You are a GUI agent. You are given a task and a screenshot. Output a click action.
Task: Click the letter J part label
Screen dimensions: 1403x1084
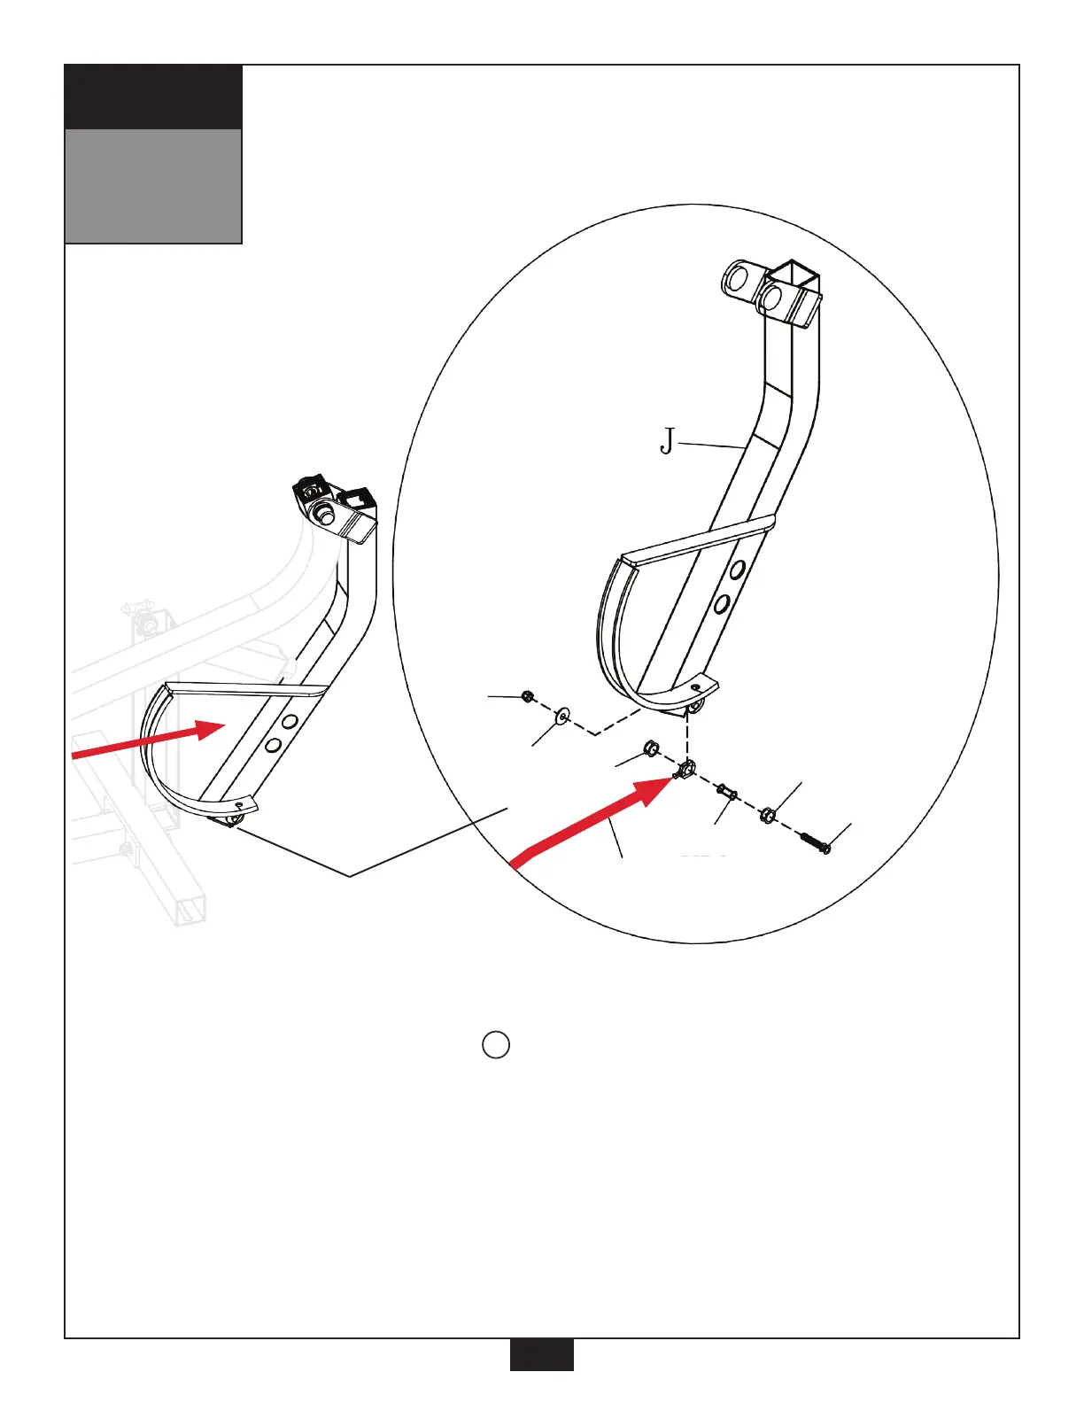668,440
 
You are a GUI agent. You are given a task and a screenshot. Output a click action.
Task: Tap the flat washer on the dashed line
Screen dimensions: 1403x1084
561,715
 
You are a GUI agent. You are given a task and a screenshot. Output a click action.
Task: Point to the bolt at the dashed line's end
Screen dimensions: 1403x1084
815,841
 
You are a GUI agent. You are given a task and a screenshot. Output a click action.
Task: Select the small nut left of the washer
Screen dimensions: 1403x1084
528,697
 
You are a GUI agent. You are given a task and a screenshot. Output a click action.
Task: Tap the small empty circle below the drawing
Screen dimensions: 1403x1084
496,1045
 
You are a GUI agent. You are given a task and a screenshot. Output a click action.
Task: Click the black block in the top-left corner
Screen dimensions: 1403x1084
153,97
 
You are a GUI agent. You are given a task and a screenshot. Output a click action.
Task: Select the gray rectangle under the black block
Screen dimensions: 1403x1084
153,186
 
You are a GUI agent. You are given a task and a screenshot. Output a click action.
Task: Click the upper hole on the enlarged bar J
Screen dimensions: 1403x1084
738,570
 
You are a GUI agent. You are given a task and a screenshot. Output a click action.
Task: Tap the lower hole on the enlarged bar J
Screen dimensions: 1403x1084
722,605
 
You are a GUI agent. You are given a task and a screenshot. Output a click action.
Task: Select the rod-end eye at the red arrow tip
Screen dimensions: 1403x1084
687,767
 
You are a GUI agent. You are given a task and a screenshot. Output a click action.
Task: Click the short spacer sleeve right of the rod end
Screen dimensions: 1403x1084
726,791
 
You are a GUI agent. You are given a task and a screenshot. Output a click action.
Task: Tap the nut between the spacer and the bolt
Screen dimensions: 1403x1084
769,814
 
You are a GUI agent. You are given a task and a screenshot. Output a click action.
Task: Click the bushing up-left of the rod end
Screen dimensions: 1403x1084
650,749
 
